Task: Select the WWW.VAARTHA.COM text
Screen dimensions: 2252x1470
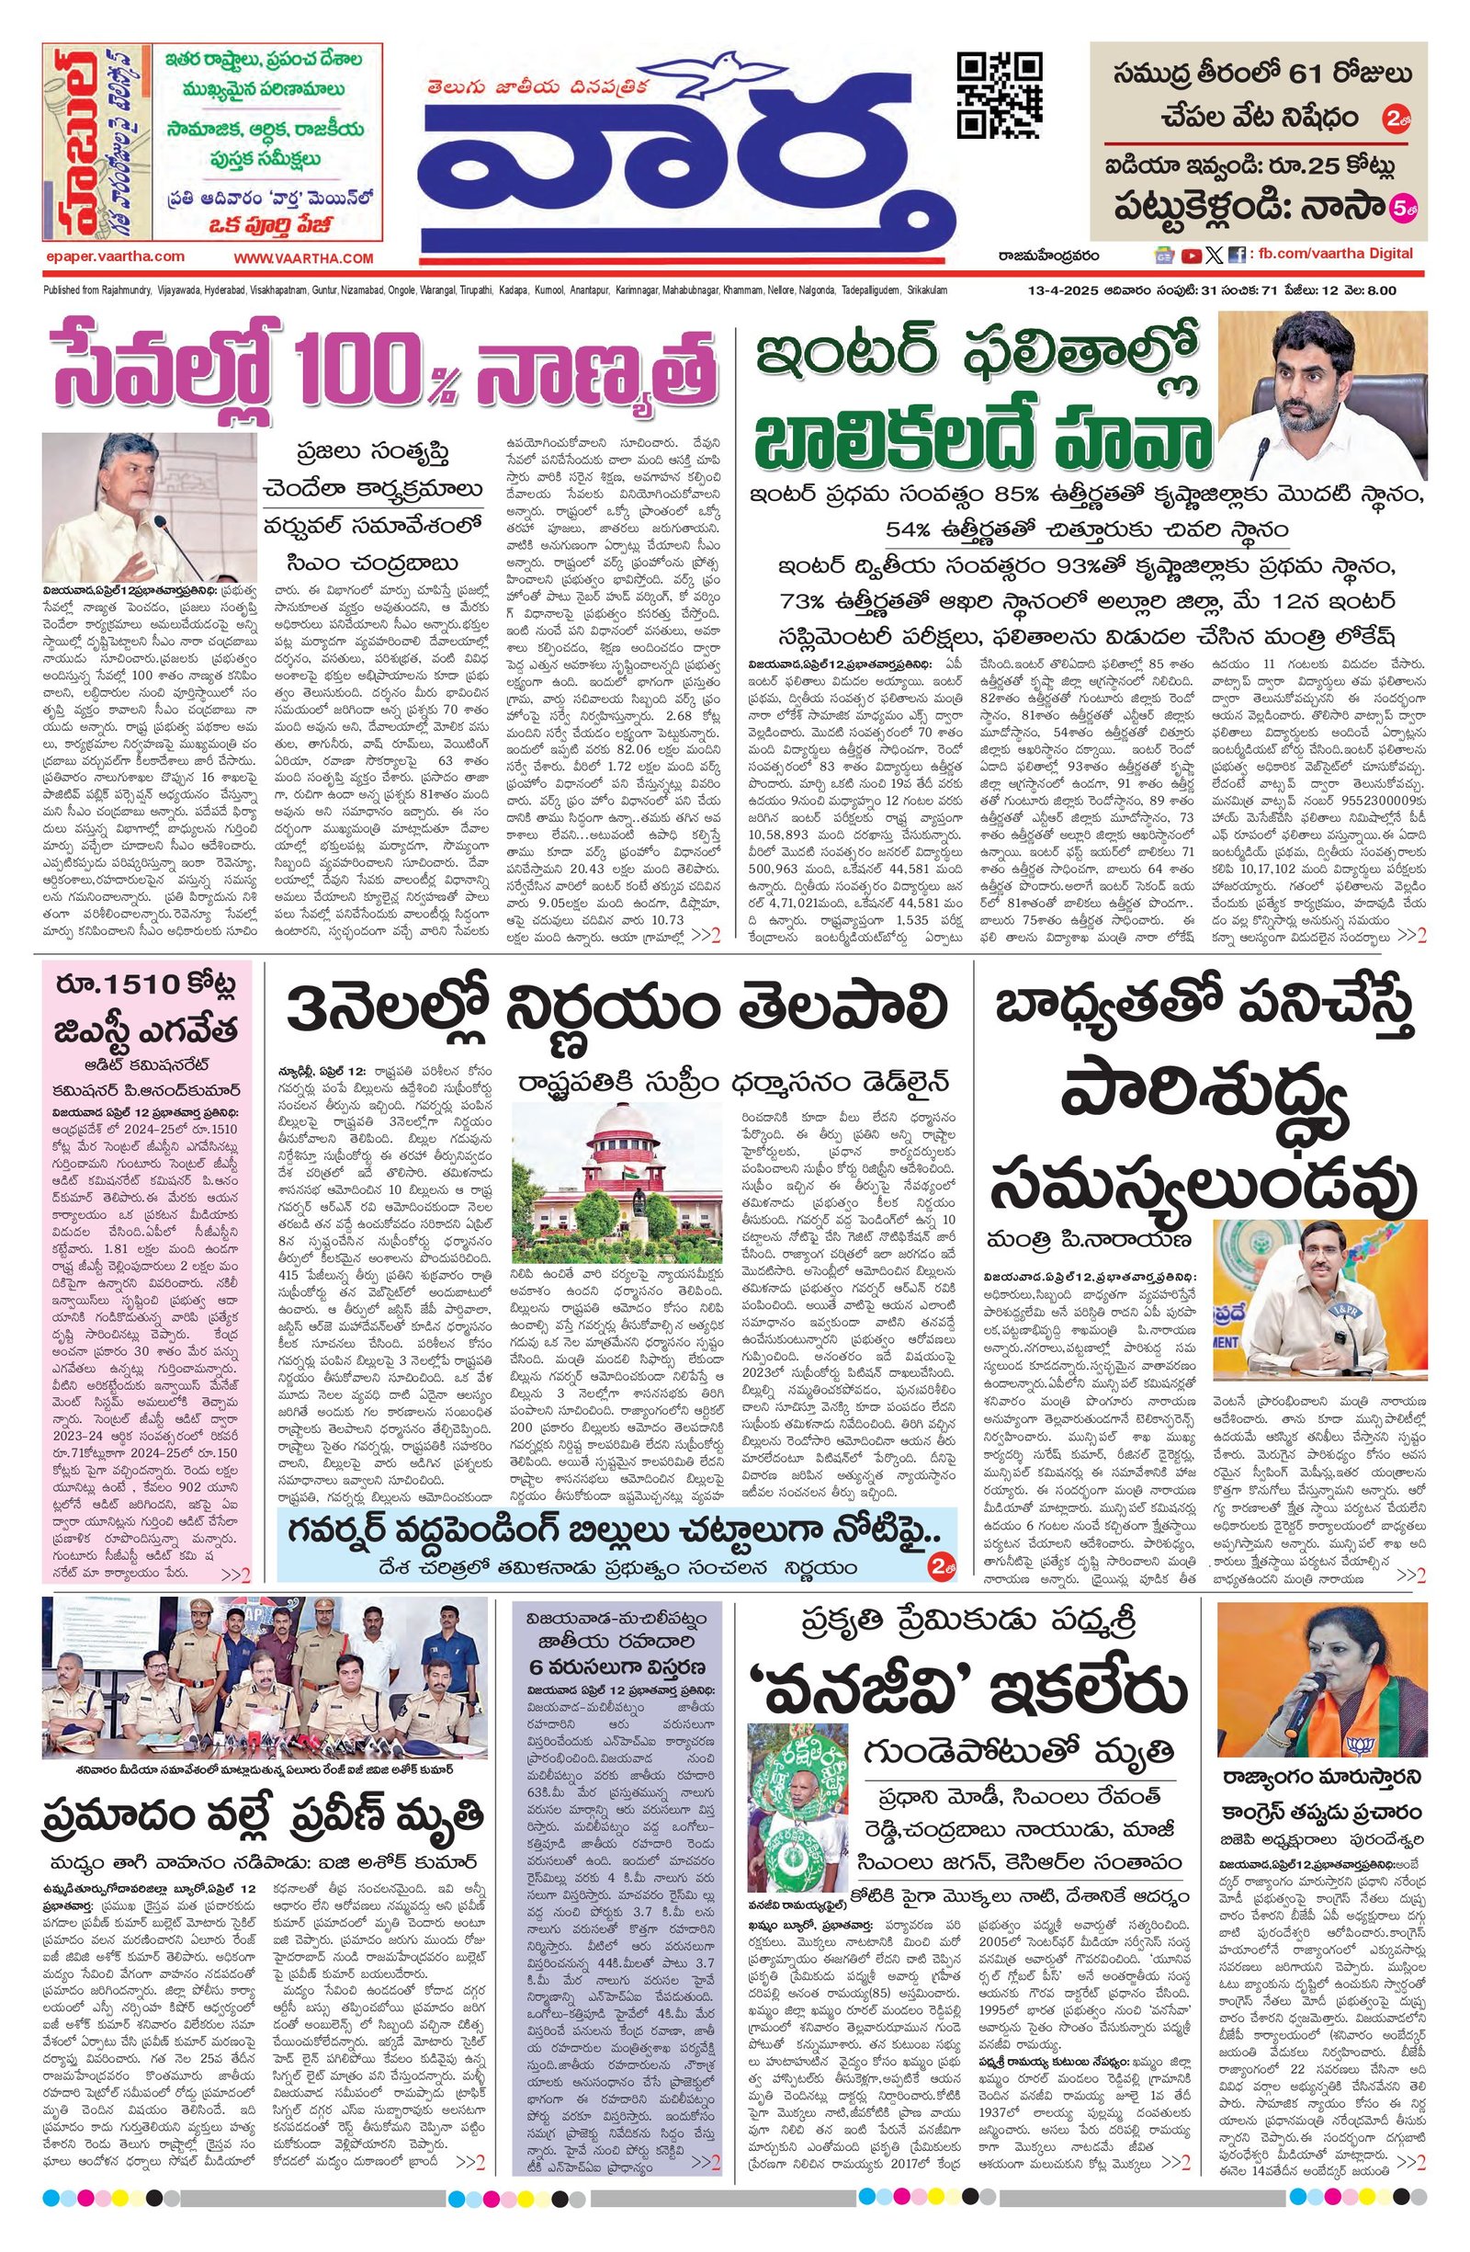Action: (x=304, y=257)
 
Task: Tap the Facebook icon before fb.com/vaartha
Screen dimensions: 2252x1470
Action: (x=1236, y=255)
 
